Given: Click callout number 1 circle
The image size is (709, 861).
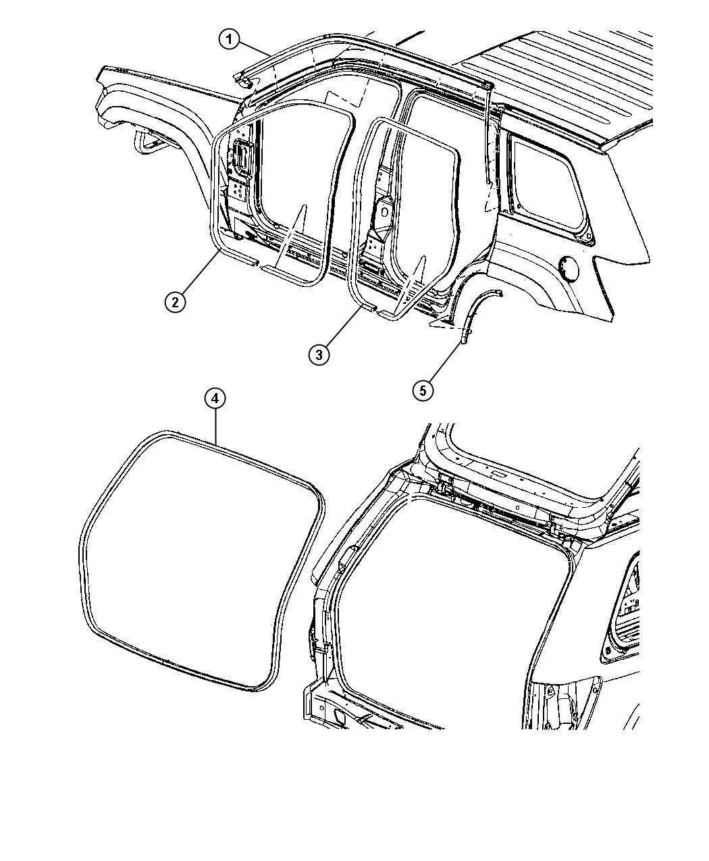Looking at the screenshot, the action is (230, 41).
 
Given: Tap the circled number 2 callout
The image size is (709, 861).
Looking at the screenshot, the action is (175, 303).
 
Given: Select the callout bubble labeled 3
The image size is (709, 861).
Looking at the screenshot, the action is (319, 354).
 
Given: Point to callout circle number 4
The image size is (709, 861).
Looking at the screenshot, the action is (215, 398).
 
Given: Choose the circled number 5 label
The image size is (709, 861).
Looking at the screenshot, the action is (423, 390).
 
